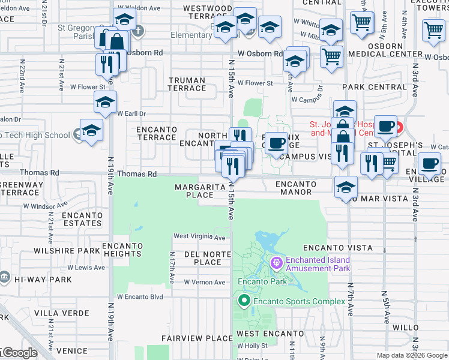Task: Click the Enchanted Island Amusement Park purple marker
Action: tap(276, 262)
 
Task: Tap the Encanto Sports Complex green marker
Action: tap(244, 300)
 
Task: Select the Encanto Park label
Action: tap(262, 281)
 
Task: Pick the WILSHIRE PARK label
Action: tap(67, 251)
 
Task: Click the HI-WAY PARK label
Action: tap(43, 280)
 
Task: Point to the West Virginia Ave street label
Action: tap(199, 237)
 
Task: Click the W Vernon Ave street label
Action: tap(204, 282)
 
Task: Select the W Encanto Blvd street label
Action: tap(140, 296)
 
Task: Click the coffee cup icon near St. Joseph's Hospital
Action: tap(386, 127)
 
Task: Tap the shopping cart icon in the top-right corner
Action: tap(433, 30)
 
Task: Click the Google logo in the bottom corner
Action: tap(19, 353)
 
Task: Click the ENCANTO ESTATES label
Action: tap(77, 219)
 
